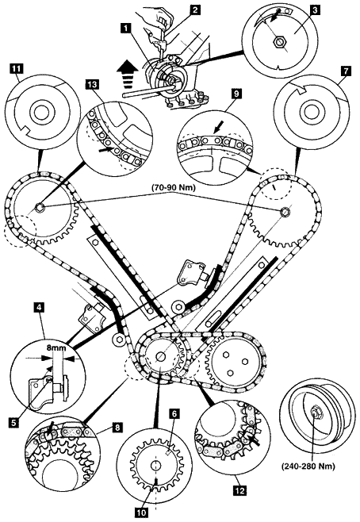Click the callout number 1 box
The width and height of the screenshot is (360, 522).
click(126, 28)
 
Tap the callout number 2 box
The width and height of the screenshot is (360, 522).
click(195, 10)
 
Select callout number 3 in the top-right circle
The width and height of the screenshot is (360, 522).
click(315, 10)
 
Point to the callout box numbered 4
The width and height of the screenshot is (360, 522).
click(40, 307)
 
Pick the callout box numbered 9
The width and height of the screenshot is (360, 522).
click(236, 94)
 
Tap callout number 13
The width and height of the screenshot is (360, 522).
click(92, 85)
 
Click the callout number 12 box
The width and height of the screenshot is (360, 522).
click(240, 490)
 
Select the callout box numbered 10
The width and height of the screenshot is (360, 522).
click(142, 512)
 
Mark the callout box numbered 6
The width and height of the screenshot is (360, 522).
click(175, 413)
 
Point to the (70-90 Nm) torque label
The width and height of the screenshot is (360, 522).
click(174, 188)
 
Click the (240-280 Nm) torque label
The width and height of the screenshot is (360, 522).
click(308, 466)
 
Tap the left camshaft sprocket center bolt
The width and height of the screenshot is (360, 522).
click(40, 207)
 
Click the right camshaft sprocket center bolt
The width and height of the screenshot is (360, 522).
click(285, 211)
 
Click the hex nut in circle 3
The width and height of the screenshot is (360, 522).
click(278, 42)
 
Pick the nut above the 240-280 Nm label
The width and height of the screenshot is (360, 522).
click(314, 413)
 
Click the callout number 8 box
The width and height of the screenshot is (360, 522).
click(117, 427)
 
